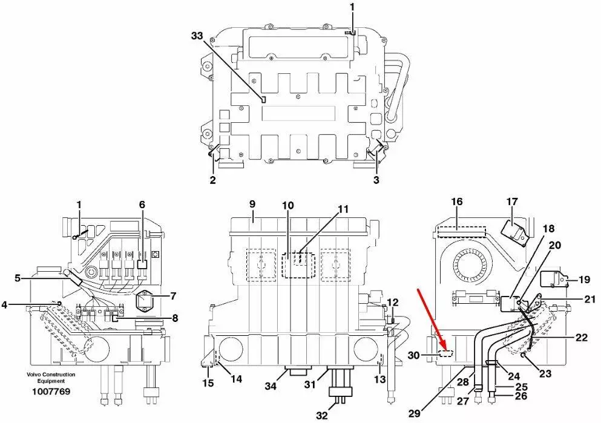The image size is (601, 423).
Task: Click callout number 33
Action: (x=197, y=36)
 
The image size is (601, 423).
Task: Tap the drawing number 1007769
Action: (x=51, y=391)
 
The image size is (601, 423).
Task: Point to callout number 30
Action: (x=413, y=356)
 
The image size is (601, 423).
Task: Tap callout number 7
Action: (x=173, y=296)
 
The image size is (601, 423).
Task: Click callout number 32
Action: (x=322, y=415)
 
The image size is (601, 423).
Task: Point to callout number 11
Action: (x=343, y=209)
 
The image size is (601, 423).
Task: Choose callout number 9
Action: (x=252, y=203)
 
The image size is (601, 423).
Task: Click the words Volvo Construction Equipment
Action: (x=51, y=378)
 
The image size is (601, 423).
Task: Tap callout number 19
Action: (x=584, y=280)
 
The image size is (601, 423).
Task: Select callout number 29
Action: (x=415, y=413)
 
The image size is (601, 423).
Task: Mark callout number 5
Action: (x=18, y=278)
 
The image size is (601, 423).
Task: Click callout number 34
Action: (x=271, y=386)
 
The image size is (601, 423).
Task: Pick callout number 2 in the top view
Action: (x=212, y=180)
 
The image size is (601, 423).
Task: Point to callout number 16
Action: (x=456, y=202)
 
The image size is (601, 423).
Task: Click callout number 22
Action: (x=582, y=337)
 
